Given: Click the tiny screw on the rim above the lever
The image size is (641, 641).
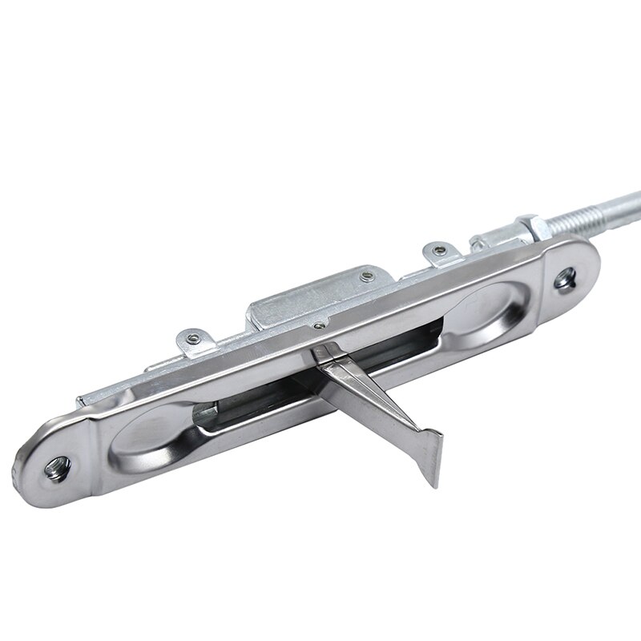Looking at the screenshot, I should coord(320,325).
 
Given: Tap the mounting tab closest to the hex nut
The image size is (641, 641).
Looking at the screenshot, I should coord(440,254).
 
